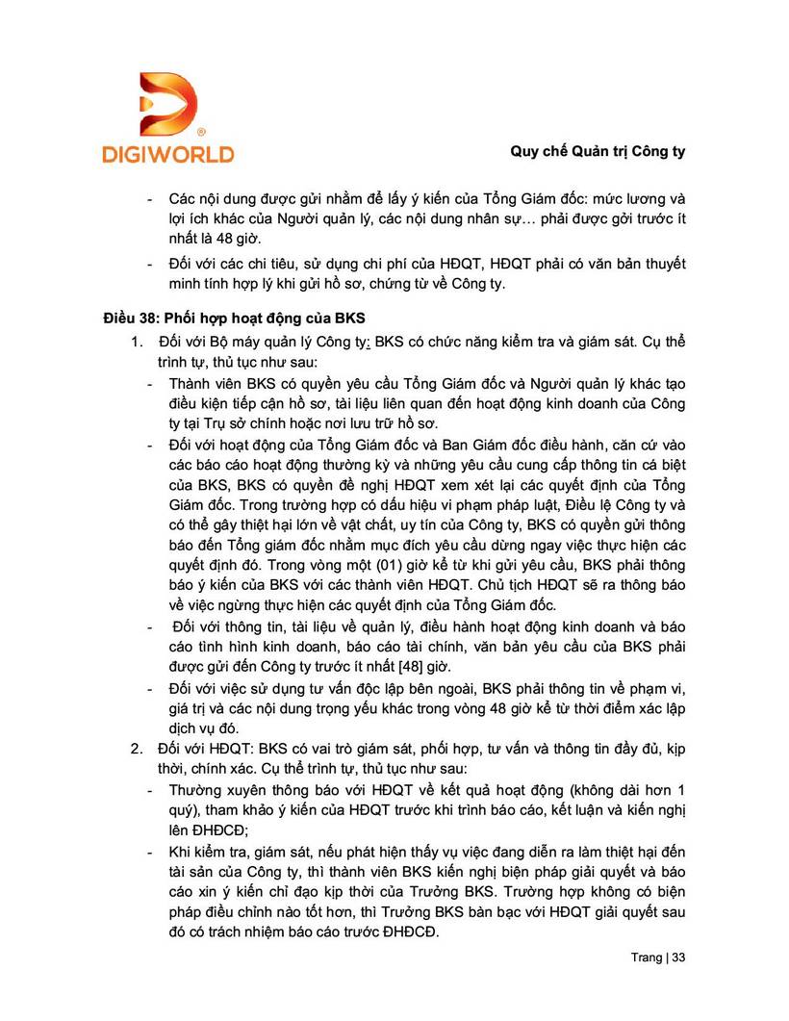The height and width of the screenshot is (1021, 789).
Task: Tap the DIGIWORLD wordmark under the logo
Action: point(167,153)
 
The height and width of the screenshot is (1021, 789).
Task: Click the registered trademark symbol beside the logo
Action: point(200,131)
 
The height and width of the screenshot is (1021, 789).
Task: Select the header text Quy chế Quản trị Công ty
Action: point(597,152)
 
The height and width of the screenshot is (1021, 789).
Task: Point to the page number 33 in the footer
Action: point(678,958)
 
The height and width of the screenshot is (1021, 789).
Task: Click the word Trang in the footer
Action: point(647,958)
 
